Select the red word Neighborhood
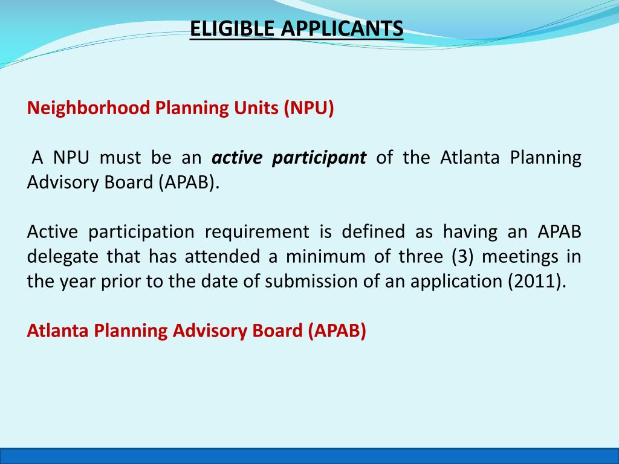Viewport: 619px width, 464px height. click(88, 108)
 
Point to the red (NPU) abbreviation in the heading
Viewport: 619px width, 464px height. click(310, 108)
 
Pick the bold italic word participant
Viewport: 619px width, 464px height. click(319, 158)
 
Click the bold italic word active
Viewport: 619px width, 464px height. click(237, 158)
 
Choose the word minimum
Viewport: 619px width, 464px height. click(325, 257)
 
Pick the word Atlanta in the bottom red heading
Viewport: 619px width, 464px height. click(58, 331)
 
